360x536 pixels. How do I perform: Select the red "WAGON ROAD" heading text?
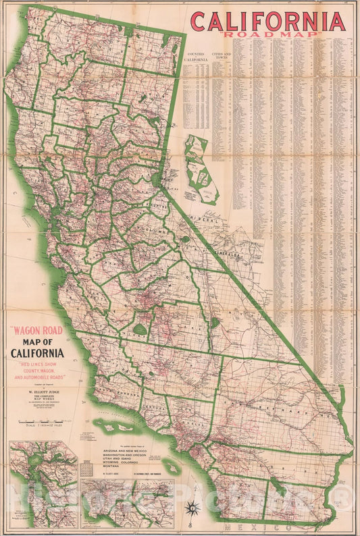click(x=36, y=332)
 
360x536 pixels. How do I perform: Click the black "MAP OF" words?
click(x=36, y=342)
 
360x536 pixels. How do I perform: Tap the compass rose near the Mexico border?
click(x=195, y=508)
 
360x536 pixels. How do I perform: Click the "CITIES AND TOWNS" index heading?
click(x=221, y=54)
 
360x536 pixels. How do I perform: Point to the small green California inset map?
click(x=201, y=169)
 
